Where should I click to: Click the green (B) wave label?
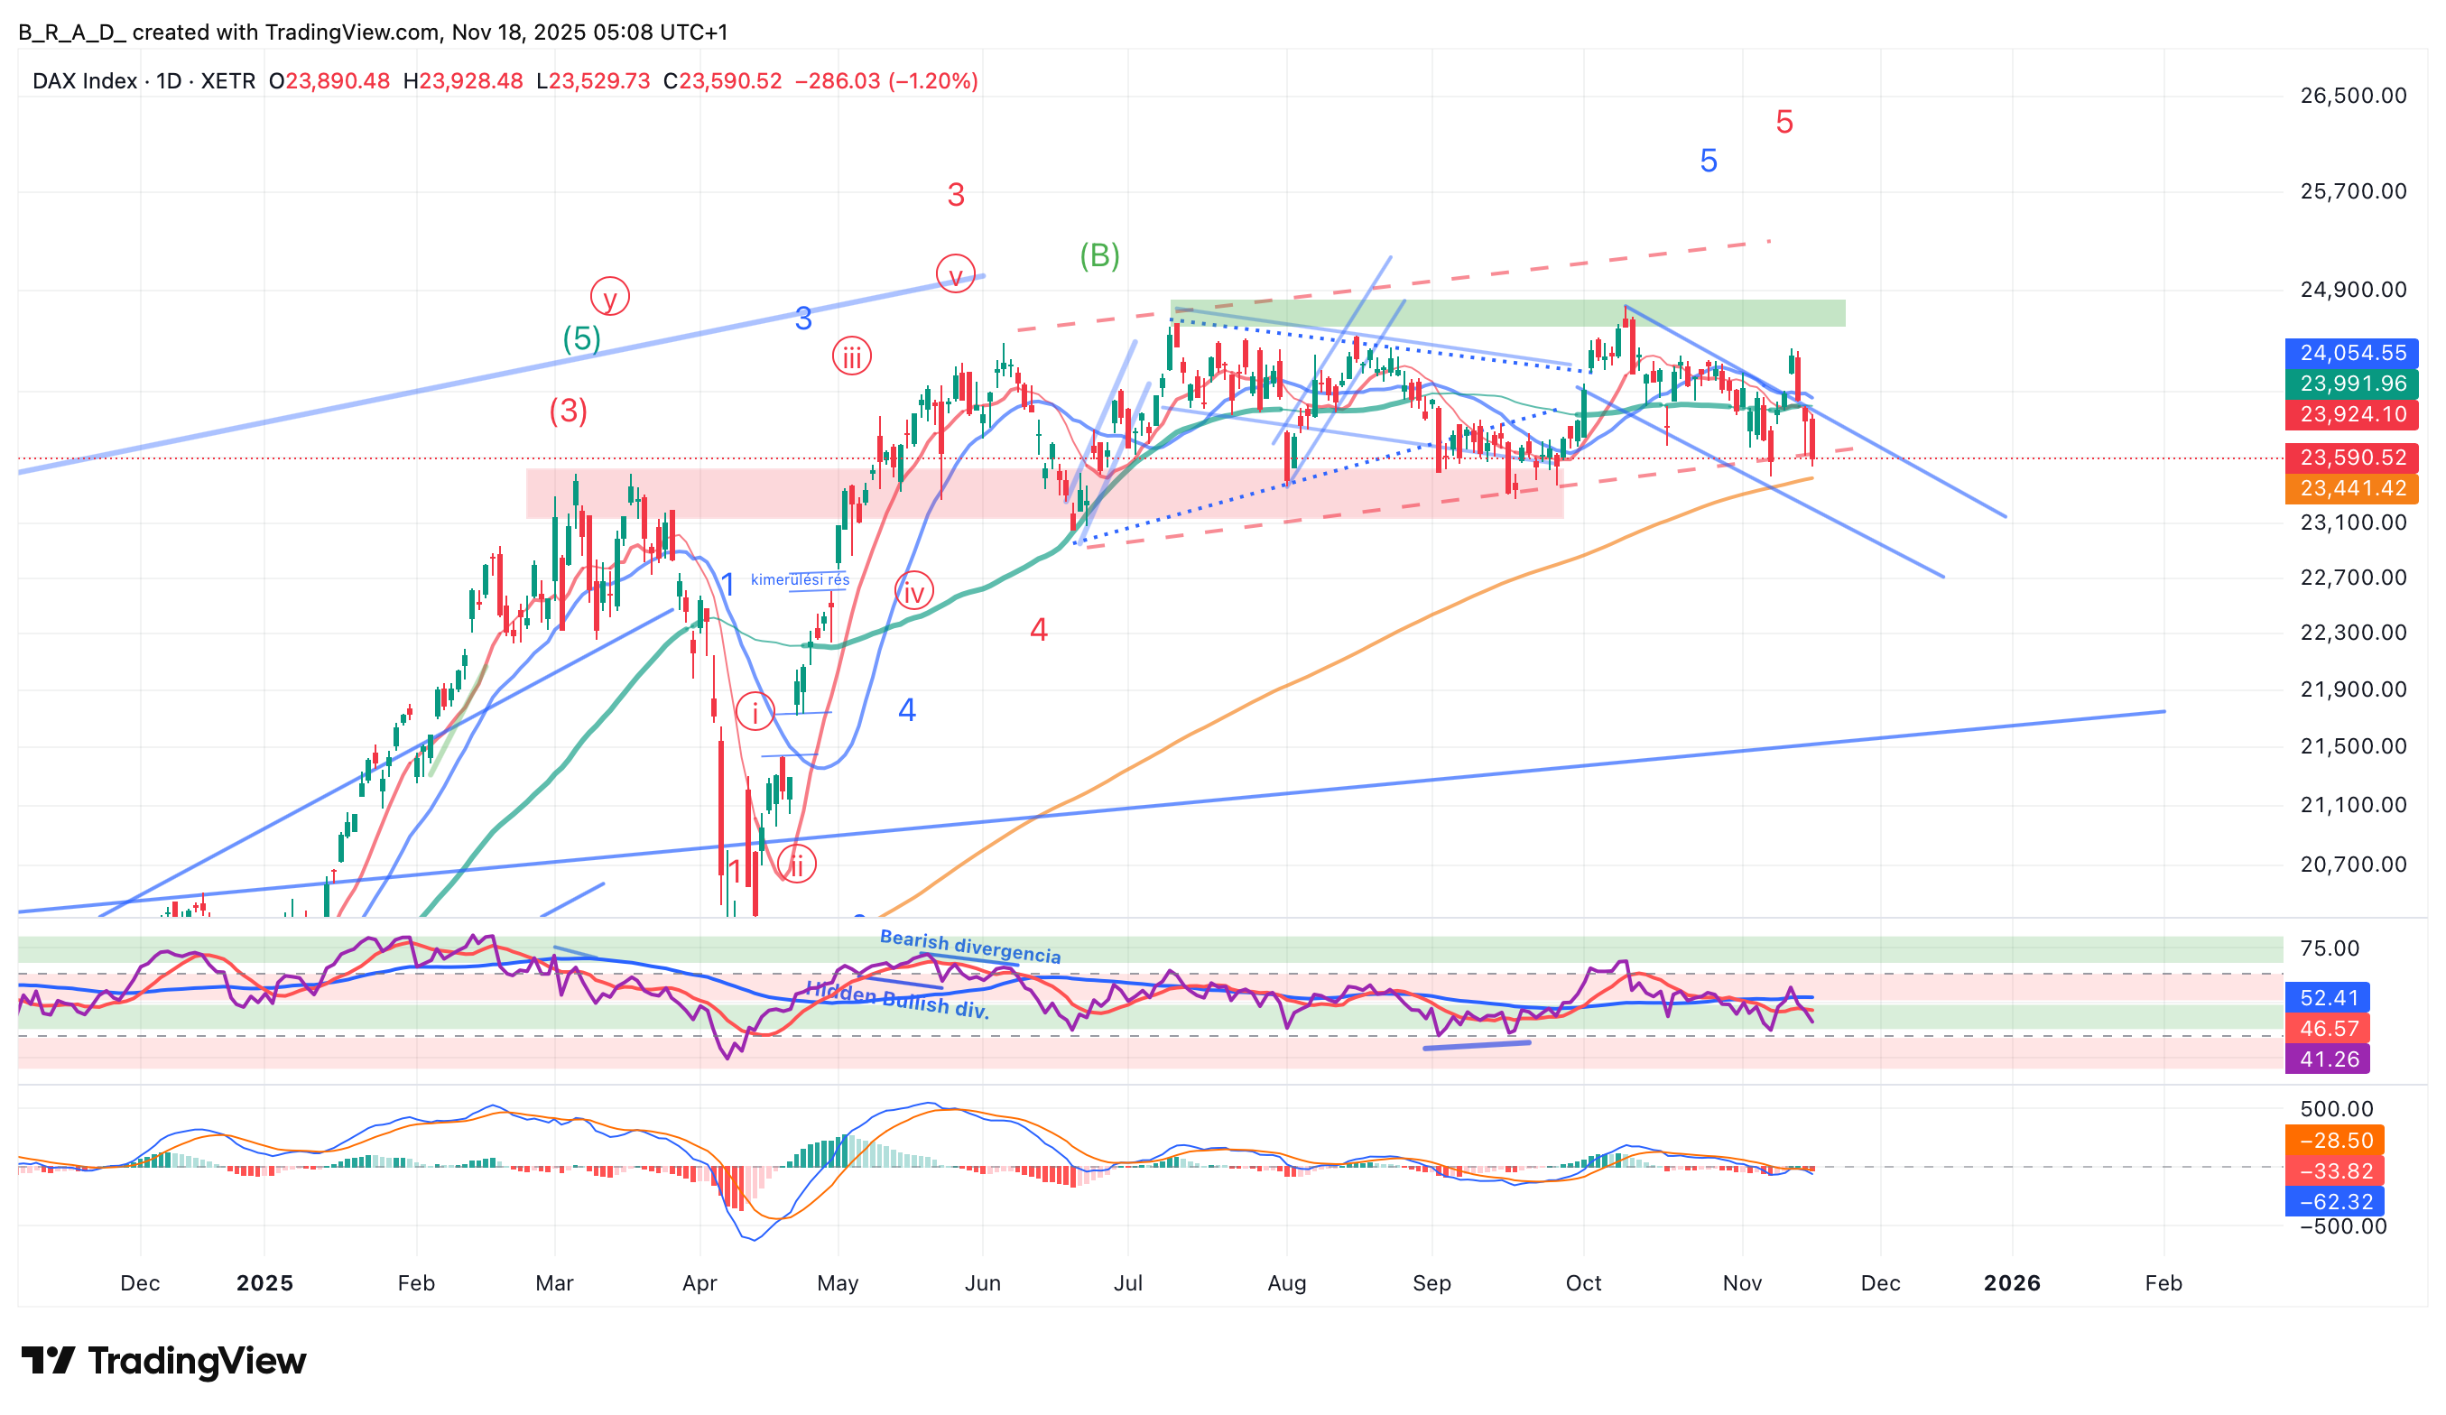[x=1099, y=256]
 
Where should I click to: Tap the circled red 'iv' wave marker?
[x=913, y=591]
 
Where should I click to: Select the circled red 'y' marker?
[x=609, y=297]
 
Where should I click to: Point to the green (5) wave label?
[x=581, y=338]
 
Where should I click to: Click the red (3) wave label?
[x=568, y=412]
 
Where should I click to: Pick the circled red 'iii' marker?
[x=851, y=357]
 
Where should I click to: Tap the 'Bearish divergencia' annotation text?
[x=969, y=948]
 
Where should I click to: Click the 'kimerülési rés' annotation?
[x=800, y=580]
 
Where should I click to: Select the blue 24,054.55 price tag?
[x=2351, y=353]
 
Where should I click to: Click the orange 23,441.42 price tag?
[x=2351, y=488]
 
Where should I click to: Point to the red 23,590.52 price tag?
[x=2351, y=458]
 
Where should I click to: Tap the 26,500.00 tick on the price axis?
[x=2353, y=95]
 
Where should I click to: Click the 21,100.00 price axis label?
[x=2353, y=805]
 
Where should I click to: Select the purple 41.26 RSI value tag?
[x=2328, y=1059]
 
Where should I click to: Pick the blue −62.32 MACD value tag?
[x=2334, y=1201]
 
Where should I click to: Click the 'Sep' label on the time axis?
[x=1431, y=1283]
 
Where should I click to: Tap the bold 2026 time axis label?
[x=2011, y=1283]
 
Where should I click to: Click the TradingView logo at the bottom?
[x=163, y=1361]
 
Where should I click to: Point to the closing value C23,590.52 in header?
[x=722, y=81]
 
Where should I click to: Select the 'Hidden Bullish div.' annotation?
[x=897, y=1000]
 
